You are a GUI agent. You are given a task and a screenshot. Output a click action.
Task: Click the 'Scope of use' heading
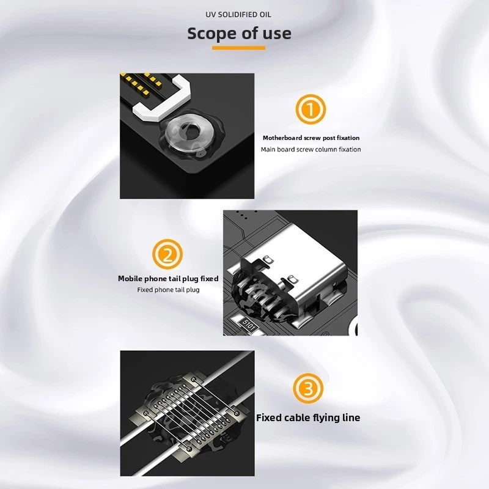(239, 34)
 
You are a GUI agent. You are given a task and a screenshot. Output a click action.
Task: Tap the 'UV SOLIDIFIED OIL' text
(238, 15)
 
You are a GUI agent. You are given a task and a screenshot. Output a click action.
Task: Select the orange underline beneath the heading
(238, 48)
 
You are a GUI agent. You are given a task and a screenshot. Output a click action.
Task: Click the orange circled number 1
(311, 109)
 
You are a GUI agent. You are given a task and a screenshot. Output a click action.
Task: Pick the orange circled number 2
(167, 254)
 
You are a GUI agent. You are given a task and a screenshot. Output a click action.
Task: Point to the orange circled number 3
(308, 388)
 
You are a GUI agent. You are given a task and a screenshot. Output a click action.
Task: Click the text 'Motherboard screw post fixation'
(311, 138)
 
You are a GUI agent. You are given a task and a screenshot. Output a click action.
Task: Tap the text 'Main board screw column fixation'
(311, 149)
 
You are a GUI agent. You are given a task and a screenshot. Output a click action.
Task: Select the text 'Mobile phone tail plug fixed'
(168, 279)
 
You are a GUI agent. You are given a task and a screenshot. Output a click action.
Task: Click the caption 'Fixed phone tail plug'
(168, 290)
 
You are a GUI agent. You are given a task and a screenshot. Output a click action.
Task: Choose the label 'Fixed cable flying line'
(308, 417)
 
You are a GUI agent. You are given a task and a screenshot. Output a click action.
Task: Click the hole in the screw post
(190, 130)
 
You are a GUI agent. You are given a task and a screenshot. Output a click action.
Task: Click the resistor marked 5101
(246, 324)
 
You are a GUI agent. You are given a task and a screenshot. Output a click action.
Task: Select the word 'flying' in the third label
(326, 418)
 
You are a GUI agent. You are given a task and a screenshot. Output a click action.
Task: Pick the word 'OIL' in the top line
(265, 15)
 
